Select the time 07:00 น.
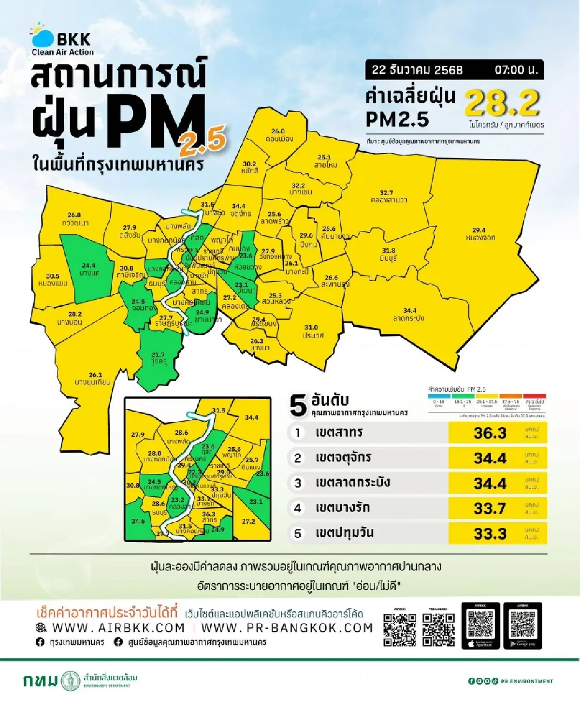[516, 70]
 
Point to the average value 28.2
[502, 103]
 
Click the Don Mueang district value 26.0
[278, 131]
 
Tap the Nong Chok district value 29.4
[479, 230]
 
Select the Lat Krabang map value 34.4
[410, 311]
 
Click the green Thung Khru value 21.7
[158, 355]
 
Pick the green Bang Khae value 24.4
[88, 266]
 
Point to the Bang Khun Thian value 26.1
[95, 375]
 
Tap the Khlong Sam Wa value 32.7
[386, 193]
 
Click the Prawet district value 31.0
[311, 328]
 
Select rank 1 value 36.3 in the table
[490, 433]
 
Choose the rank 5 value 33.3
[490, 533]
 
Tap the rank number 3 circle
[298, 483]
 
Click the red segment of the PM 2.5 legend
[534, 397]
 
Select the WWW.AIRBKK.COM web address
[118, 628]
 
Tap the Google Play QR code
[522, 625]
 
